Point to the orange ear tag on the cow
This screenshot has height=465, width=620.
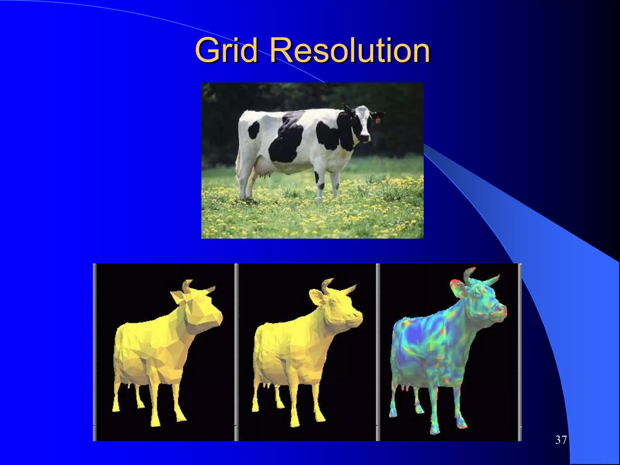pos(378,120)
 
